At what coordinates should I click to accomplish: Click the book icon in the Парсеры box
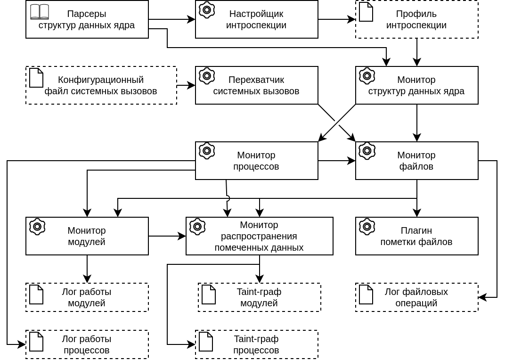[x=40, y=12]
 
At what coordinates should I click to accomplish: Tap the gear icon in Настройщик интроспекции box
[x=207, y=10]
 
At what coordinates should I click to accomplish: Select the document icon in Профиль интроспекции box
[x=366, y=12]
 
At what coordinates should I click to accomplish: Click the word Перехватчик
[x=256, y=80]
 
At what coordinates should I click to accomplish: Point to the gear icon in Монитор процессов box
[x=207, y=151]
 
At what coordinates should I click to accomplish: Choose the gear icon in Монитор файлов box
[x=367, y=151]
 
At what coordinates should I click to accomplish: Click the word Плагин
[x=416, y=230]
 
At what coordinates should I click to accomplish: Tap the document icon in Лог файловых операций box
[x=366, y=295]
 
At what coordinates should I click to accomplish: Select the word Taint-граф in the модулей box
[x=259, y=292]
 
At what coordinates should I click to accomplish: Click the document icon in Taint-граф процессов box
[x=206, y=342]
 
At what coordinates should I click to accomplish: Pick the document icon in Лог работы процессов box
[x=36, y=342]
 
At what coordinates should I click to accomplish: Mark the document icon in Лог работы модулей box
[x=36, y=295]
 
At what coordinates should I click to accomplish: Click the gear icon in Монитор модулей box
[x=37, y=227]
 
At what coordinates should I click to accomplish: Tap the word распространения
[x=259, y=236]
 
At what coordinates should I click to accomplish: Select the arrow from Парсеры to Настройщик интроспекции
[x=172, y=19]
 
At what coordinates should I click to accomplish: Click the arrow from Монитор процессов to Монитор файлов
[x=337, y=161]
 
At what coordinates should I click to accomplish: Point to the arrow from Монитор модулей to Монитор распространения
[x=167, y=236]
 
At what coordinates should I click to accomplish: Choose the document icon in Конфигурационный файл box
[x=36, y=78]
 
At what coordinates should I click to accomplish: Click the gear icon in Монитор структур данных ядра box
[x=367, y=76]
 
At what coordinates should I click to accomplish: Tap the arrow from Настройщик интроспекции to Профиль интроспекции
[x=337, y=19]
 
